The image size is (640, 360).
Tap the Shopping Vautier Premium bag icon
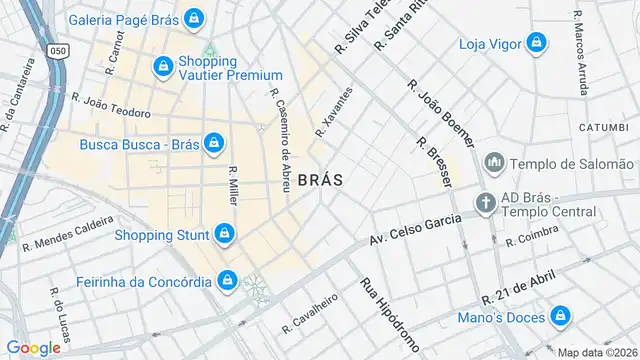(162, 66)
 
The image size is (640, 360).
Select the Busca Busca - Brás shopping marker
(213, 144)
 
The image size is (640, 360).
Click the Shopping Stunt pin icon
(225, 235)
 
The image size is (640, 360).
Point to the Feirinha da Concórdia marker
(228, 279)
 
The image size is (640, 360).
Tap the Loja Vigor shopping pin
(537, 43)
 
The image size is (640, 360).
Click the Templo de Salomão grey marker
(494, 163)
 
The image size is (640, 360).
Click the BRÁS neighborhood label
(320, 180)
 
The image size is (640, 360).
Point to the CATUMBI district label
(603, 128)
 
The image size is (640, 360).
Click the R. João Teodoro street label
(110, 105)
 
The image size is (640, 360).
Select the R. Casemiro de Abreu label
(278, 140)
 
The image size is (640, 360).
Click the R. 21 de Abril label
(517, 289)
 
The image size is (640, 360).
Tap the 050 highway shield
(59, 50)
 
